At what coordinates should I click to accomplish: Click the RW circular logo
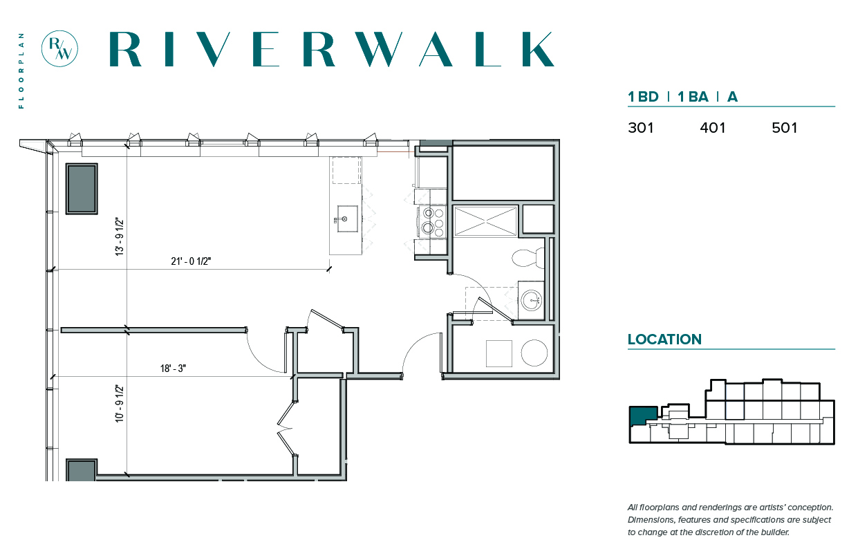coord(59,49)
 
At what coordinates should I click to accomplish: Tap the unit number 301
coord(640,128)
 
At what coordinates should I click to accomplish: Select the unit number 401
coord(713,128)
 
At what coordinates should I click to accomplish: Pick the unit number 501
coord(784,128)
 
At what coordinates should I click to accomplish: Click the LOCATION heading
coord(664,339)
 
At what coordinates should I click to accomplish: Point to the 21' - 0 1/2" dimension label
coord(191,261)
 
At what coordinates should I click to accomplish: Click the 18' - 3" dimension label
coord(173,368)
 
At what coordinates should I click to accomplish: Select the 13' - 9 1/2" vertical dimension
coord(120,236)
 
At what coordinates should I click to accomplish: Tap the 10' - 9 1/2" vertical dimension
coord(120,403)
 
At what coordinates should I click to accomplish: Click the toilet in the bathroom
coord(528,258)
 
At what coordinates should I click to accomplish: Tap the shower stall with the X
coord(485,221)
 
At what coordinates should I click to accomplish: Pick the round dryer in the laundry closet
coord(534,353)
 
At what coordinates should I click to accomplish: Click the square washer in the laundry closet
coord(498,353)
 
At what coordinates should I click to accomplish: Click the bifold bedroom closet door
coord(285,428)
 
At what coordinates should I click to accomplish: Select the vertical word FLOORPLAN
coord(21,71)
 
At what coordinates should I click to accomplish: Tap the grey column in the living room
coord(82,189)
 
